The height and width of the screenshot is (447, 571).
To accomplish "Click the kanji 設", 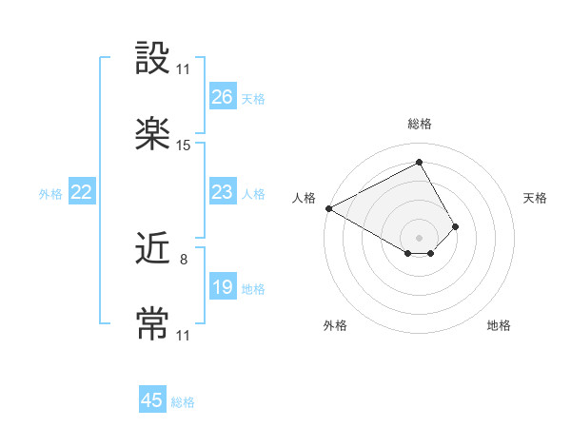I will pyautogui.click(x=152, y=59).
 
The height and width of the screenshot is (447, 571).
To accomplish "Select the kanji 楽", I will pyautogui.click(x=152, y=134).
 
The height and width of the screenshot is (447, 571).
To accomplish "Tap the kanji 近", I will pyautogui.click(x=152, y=250).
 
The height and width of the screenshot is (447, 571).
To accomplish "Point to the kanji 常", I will pyautogui.click(x=152, y=323).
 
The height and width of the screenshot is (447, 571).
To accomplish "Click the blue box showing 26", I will pyautogui.click(x=222, y=97).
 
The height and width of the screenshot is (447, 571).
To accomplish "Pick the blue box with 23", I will pyautogui.click(x=222, y=193).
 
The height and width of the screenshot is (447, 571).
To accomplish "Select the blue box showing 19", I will pyautogui.click(x=222, y=288).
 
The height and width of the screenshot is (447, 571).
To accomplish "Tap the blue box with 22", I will pyautogui.click(x=81, y=193).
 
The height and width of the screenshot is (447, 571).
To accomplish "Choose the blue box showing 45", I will pyautogui.click(x=152, y=400).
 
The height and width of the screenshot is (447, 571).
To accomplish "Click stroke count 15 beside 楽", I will pyautogui.click(x=184, y=146).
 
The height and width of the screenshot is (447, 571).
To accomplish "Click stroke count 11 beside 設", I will pyautogui.click(x=184, y=69).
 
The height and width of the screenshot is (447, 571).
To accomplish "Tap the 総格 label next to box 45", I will pyautogui.click(x=183, y=402).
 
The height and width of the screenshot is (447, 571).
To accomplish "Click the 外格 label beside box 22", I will pyautogui.click(x=50, y=194).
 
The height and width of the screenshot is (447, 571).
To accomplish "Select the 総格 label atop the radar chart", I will pyautogui.click(x=420, y=124).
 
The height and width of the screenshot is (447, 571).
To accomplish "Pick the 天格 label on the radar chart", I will pyautogui.click(x=536, y=198).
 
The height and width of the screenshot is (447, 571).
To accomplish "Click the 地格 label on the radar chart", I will pyautogui.click(x=499, y=325).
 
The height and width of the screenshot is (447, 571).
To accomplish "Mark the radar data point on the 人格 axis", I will pyautogui.click(x=328, y=207).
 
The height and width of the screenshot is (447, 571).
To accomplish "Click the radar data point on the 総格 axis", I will pyautogui.click(x=419, y=163).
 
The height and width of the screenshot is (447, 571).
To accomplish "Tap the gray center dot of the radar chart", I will pyautogui.click(x=419, y=237).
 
